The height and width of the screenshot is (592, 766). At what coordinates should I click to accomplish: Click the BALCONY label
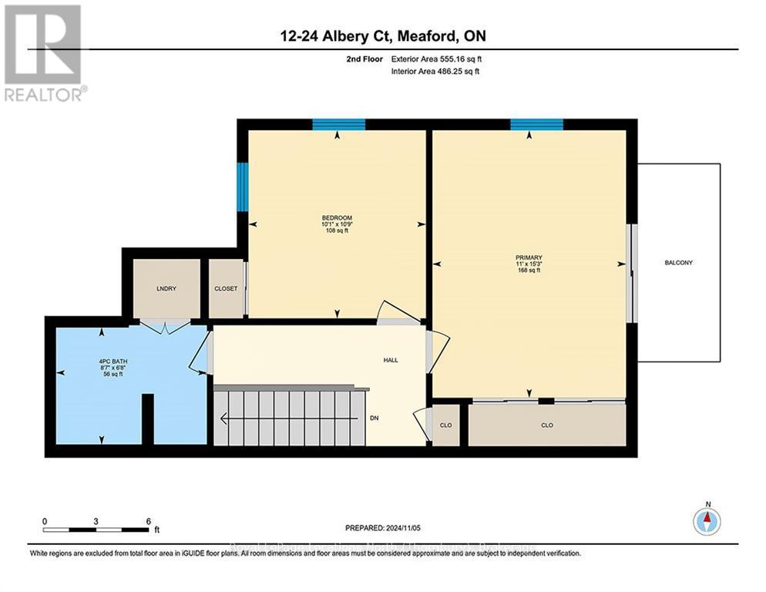[678, 263]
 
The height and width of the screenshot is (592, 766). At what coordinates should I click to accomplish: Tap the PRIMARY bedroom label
[529, 257]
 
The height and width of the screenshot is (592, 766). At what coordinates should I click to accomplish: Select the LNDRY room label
[166, 289]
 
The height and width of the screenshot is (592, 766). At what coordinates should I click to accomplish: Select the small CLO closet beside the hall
[445, 425]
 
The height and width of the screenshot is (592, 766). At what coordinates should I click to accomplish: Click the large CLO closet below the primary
[546, 425]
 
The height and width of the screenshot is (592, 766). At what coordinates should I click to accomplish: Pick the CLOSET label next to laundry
[226, 289]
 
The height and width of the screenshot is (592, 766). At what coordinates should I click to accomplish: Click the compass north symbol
[706, 521]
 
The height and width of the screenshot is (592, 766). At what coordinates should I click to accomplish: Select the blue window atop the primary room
[536, 125]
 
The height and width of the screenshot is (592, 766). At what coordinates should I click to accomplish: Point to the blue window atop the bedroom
[338, 125]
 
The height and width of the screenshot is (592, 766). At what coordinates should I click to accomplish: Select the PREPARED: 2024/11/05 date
[383, 528]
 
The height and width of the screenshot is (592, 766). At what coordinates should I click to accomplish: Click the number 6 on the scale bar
[148, 521]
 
